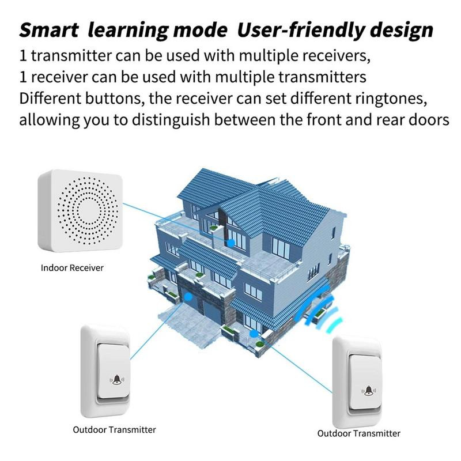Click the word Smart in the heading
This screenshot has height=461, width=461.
click(49, 31)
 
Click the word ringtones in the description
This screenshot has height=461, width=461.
click(391, 99)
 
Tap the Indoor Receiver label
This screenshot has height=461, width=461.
click(73, 268)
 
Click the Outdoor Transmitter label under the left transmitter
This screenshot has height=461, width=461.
click(114, 429)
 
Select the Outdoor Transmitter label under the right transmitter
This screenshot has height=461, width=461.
click(358, 433)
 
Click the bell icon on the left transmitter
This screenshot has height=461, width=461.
click(117, 380)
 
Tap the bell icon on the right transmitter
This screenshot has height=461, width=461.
click(369, 390)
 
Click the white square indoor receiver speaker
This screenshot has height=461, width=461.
click(80, 211)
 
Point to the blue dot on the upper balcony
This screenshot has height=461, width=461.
click(231, 243)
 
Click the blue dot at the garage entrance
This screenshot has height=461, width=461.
click(188, 297)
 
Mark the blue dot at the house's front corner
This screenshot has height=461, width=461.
click(254, 334)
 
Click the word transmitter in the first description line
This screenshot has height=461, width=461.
click(71, 56)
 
